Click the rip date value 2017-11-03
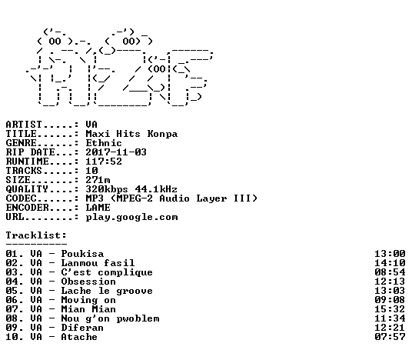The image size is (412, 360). pos(116,152)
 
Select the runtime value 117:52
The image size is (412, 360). pos(104,162)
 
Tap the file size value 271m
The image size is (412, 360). pos(98,180)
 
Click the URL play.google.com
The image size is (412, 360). pos(131,218)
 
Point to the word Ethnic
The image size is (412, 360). pos(104,143)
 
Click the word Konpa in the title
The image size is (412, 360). pos(162,134)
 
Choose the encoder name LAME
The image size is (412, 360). pos(98,208)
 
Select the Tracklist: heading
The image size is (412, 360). pos(36,235)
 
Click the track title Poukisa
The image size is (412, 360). pos(82,254)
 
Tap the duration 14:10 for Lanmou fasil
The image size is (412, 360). pos(390,263)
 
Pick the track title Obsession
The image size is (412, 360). pos(88,282)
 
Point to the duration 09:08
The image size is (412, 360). pos(390,300)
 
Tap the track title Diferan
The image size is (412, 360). pos(82,328)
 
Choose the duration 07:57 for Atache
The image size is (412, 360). pos(390,337)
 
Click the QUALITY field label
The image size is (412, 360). pos(27,189)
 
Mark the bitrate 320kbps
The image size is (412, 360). pos(107,189)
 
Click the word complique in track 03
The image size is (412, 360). pos(125,273)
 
